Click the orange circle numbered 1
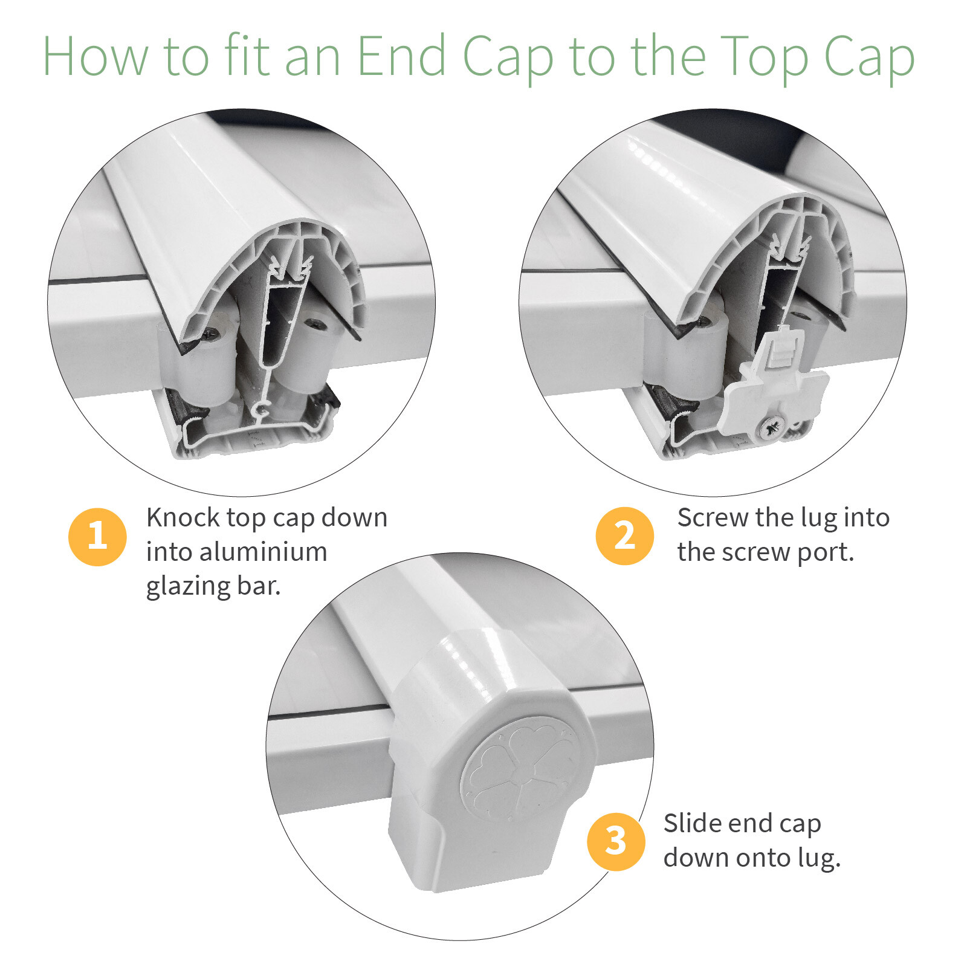(x=97, y=537)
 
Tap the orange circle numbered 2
(x=625, y=536)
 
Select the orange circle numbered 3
(x=616, y=841)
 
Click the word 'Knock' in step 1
(x=183, y=518)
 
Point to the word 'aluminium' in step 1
(x=264, y=552)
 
